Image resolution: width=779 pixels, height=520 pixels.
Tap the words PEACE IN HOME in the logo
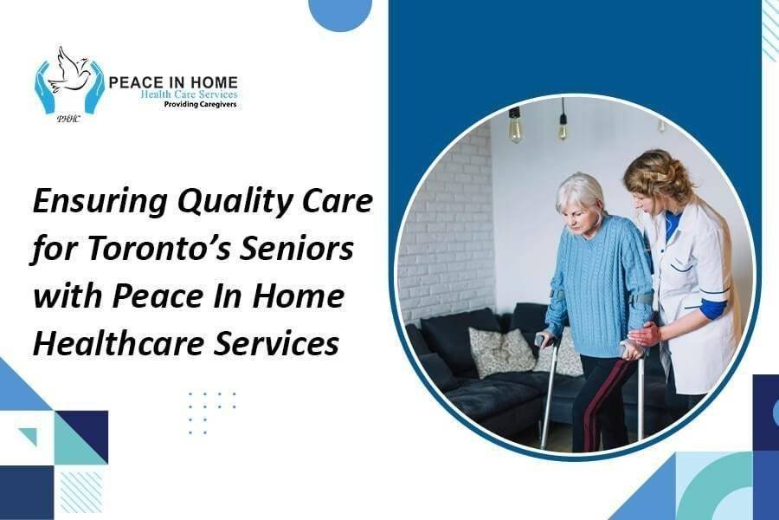point(172,81)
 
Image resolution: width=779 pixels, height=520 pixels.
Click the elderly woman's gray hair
point(579,192)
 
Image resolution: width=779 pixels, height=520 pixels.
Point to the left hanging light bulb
point(514,127)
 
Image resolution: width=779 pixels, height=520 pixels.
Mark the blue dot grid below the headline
point(212,413)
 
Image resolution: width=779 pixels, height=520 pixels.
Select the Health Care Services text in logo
point(189,94)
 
